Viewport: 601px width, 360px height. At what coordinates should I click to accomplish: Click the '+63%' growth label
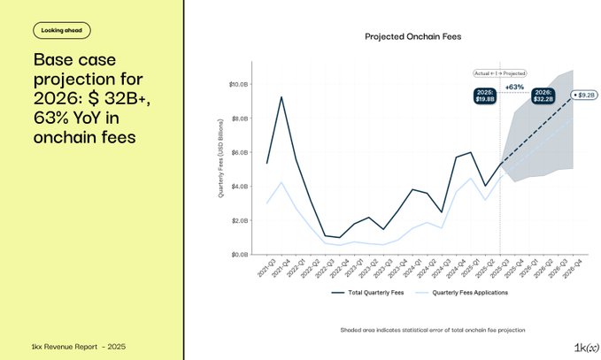(514, 87)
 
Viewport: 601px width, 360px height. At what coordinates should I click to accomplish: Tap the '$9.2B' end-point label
(586, 94)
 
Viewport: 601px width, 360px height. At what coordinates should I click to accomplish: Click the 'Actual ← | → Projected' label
(500, 73)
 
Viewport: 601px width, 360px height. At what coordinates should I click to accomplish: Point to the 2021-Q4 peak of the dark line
(281, 97)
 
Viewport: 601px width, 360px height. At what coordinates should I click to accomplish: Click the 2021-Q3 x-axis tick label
(265, 268)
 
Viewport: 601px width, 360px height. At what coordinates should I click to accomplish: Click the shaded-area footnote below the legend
(433, 329)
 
